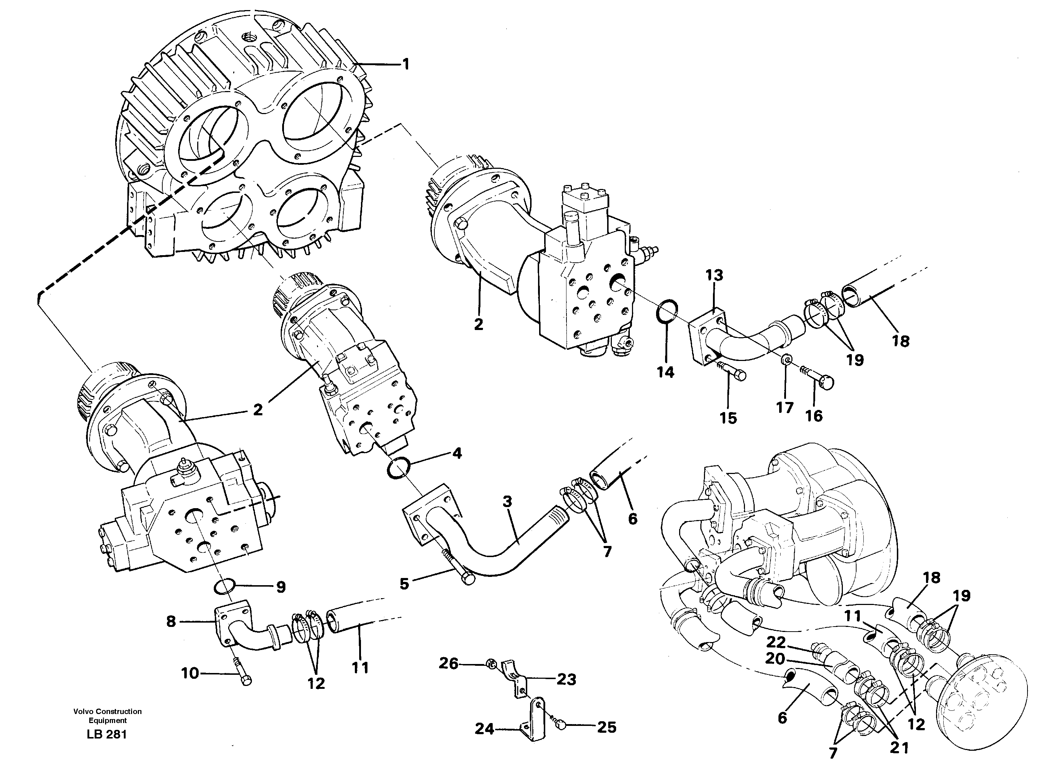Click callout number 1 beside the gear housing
point(405,64)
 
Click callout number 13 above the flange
point(714,275)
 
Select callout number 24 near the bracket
point(484,729)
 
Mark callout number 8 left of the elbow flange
point(171,622)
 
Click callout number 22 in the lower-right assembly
point(776,642)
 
